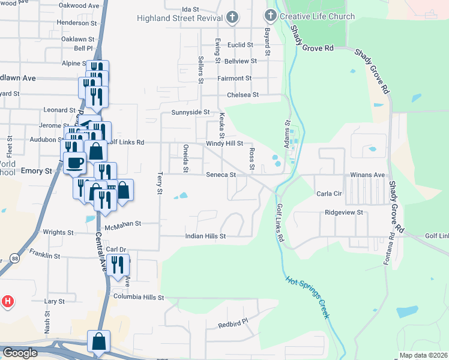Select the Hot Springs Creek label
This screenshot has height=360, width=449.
[x=307, y=298]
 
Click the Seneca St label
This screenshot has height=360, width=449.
[x=220, y=175]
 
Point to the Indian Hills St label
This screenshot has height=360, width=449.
[x=205, y=236]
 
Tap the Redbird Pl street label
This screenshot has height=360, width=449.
[x=233, y=324]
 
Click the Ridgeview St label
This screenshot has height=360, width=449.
[x=344, y=212]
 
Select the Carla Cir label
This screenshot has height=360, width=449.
[x=328, y=194]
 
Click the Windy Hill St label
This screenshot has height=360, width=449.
[x=224, y=144]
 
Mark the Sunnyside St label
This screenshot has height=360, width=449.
[x=190, y=112]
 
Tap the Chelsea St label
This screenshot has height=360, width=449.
[x=243, y=95]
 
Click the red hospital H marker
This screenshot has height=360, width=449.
[x=8, y=301]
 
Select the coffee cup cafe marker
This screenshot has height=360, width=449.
[x=75, y=163]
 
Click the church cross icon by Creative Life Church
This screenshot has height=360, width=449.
[x=271, y=16]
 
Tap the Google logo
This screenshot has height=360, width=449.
[x=19, y=353]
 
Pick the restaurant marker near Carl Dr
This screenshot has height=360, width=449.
[x=118, y=264]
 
